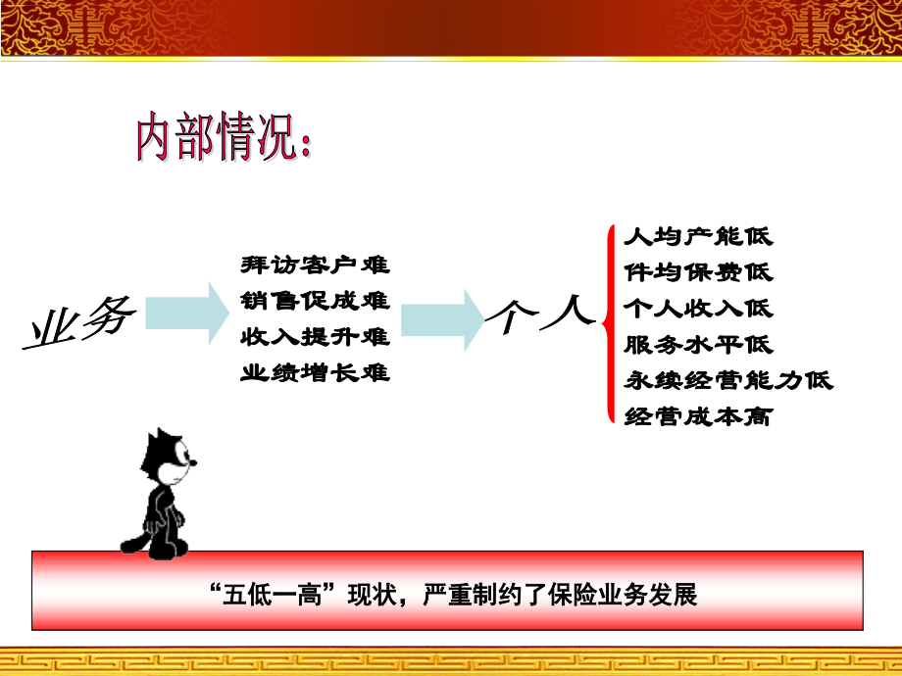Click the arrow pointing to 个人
coord(442,318)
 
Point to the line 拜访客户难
coord(315,265)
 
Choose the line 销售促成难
coord(315,300)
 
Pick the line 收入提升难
coord(315,336)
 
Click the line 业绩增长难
coord(315,372)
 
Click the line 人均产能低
coord(698,236)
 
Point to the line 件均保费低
coord(698,272)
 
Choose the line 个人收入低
coord(698,309)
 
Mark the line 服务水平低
coord(698,345)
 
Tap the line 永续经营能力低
coord(728,380)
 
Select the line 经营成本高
coord(698,416)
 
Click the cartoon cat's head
coord(168,459)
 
